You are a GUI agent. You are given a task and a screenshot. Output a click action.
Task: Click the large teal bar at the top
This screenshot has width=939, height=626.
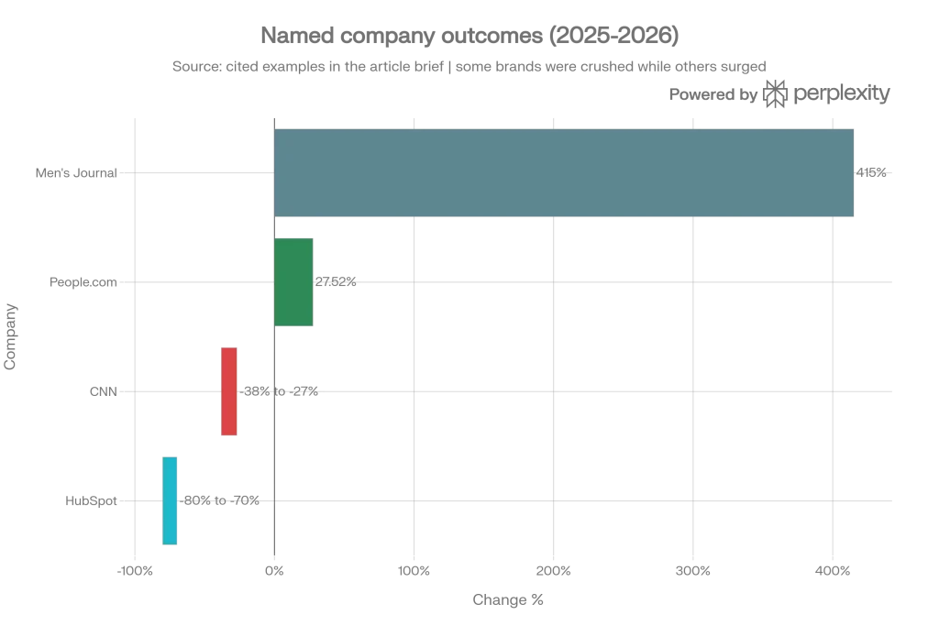pyautogui.click(x=565, y=172)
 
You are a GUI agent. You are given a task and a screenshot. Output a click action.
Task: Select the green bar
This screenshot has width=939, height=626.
pyautogui.click(x=294, y=282)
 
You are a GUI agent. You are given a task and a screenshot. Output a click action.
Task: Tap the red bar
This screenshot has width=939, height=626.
pyautogui.click(x=230, y=391)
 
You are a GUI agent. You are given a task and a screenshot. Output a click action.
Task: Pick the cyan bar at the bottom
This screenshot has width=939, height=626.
pyautogui.click(x=171, y=501)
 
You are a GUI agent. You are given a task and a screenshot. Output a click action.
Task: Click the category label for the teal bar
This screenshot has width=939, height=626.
pyautogui.click(x=73, y=172)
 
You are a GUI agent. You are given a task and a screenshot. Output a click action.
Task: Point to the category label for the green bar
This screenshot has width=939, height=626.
pyautogui.click(x=81, y=282)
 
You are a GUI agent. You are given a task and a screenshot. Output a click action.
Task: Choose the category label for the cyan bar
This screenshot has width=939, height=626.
pyautogui.click(x=91, y=500)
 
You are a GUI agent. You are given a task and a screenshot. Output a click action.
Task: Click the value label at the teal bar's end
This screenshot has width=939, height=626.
pyautogui.click(x=874, y=171)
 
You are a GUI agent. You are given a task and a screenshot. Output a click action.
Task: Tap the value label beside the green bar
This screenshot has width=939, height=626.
pyautogui.click(x=337, y=282)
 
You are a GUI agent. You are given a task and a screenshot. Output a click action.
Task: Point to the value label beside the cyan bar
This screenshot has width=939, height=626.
pyautogui.click(x=224, y=500)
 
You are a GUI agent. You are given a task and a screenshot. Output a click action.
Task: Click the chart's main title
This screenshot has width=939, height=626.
pyautogui.click(x=469, y=35)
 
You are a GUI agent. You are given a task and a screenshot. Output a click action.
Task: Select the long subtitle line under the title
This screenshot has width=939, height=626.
pyautogui.click(x=469, y=66)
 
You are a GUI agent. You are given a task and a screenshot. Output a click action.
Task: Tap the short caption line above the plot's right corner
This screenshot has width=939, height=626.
pyautogui.click(x=779, y=94)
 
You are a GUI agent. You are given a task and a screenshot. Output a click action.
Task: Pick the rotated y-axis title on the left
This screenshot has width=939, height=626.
pyautogui.click(x=9, y=336)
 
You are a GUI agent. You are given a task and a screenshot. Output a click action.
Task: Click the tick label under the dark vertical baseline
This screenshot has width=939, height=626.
pyautogui.click(x=274, y=572)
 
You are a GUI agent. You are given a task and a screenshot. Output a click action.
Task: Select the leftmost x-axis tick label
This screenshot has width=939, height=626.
pyautogui.click(x=135, y=572)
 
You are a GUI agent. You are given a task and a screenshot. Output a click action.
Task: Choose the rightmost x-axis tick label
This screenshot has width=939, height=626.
pyautogui.click(x=831, y=572)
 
